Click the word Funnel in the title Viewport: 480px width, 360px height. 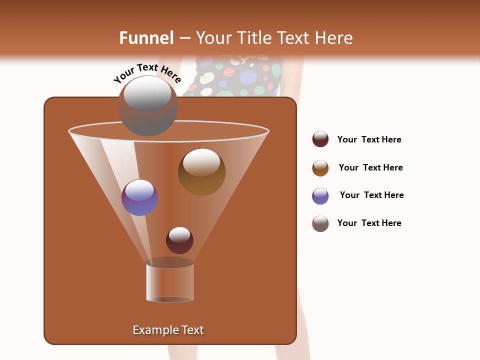pyautogui.click(x=146, y=38)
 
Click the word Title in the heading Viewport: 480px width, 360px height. pyautogui.click(x=253, y=38)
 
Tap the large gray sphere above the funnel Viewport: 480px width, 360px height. pyautogui.click(x=147, y=106)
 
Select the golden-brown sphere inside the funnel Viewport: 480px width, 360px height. pyautogui.click(x=201, y=172)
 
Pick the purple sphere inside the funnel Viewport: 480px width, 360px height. pyautogui.click(x=139, y=197)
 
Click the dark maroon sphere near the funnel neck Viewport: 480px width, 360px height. pyautogui.click(x=179, y=240)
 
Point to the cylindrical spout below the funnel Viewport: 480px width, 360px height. pyautogui.click(x=170, y=283)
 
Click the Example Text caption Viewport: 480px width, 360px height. pyautogui.click(x=168, y=330)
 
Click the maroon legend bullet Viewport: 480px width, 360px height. pyautogui.click(x=320, y=139)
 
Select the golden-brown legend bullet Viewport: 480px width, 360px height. pyautogui.click(x=320, y=168)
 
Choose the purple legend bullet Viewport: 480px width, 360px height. pyautogui.click(x=320, y=196)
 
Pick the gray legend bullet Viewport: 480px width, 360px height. pyautogui.click(x=320, y=223)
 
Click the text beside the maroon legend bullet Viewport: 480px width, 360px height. pyautogui.click(x=369, y=139)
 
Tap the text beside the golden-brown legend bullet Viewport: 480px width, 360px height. pyautogui.click(x=370, y=167)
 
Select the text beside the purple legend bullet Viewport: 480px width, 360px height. pyautogui.click(x=371, y=195)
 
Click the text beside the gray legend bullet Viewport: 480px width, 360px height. pyautogui.click(x=369, y=223)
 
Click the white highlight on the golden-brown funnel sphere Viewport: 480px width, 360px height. pyautogui.click(x=201, y=162)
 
